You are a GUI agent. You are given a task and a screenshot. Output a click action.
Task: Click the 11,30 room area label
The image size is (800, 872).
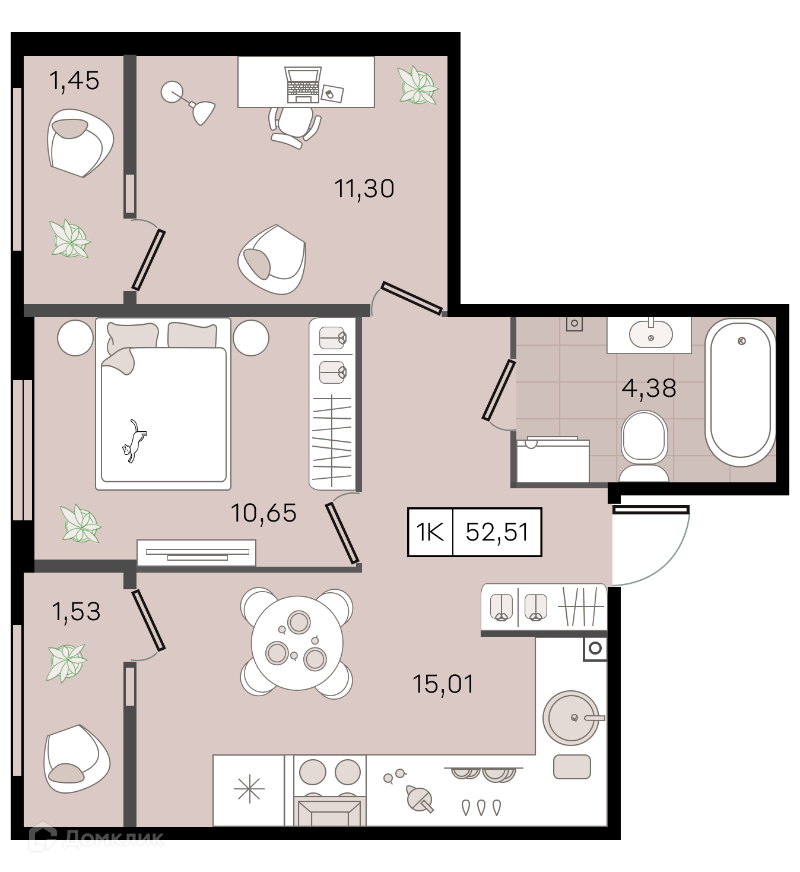point(364,189)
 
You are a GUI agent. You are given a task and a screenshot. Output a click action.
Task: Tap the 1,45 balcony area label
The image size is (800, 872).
point(75,81)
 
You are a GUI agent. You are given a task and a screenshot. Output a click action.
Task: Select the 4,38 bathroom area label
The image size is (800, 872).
point(649,388)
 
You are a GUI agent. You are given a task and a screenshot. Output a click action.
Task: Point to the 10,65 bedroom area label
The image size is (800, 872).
point(264,513)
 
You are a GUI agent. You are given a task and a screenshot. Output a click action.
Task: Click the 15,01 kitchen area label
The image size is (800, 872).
point(443,684)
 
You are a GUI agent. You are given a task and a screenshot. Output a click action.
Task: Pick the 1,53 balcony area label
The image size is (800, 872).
point(76,612)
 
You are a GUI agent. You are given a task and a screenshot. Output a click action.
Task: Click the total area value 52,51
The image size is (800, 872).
point(497,532)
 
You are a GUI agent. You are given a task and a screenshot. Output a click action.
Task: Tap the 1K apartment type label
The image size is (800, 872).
point(430,532)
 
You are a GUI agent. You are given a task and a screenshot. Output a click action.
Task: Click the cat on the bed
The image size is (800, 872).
point(134,441)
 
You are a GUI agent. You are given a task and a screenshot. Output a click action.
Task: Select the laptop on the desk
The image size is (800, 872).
point(303,85)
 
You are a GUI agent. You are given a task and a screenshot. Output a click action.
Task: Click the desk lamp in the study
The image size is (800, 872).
point(188,103)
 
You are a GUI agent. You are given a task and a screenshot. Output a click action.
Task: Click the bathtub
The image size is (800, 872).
point(741,393)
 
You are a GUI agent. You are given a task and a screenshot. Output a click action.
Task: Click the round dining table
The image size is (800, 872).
point(297,643)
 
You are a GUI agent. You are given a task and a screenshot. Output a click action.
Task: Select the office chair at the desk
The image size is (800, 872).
point(294,127)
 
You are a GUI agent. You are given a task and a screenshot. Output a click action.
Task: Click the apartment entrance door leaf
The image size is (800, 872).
point(650,510)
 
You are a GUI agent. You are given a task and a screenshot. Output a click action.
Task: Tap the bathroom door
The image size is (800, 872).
point(499,390)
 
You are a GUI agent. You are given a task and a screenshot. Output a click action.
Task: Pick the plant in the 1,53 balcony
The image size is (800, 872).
point(66,663)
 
